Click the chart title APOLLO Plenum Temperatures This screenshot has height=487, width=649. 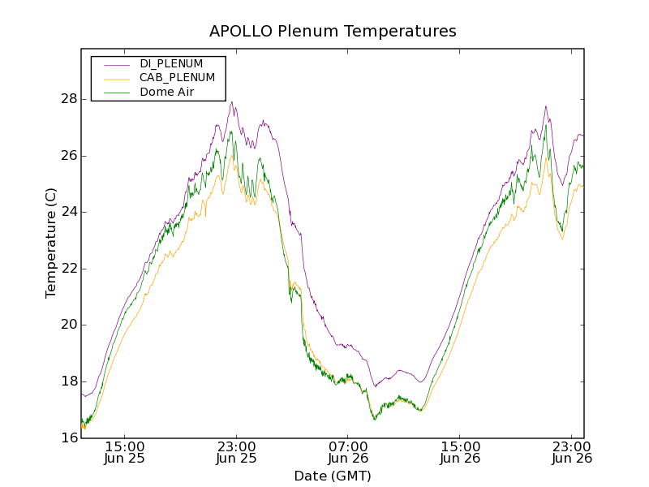tap(333, 32)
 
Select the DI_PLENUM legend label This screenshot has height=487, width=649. tap(171, 63)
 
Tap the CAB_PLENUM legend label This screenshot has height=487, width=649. tap(177, 78)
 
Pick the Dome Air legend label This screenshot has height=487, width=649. tap(166, 92)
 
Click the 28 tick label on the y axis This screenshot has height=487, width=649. tap(69, 99)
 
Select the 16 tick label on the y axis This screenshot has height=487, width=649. tap(69, 438)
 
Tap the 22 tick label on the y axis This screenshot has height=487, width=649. tap(69, 269)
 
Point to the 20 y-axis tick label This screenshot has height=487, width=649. tap(69, 325)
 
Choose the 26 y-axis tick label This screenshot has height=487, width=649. tap(69, 156)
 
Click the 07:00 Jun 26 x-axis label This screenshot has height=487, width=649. tap(348, 452)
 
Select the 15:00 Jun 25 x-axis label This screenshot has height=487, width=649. tap(125, 452)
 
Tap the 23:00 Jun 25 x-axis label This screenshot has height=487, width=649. tap(236, 452)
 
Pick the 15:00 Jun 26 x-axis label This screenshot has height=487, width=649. tap(460, 452)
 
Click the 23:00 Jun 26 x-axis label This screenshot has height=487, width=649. tap(572, 452)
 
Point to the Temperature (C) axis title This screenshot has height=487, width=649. tap(51, 243)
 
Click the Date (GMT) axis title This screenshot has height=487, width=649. tap(333, 476)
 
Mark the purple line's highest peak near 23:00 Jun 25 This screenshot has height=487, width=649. tap(232, 102)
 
